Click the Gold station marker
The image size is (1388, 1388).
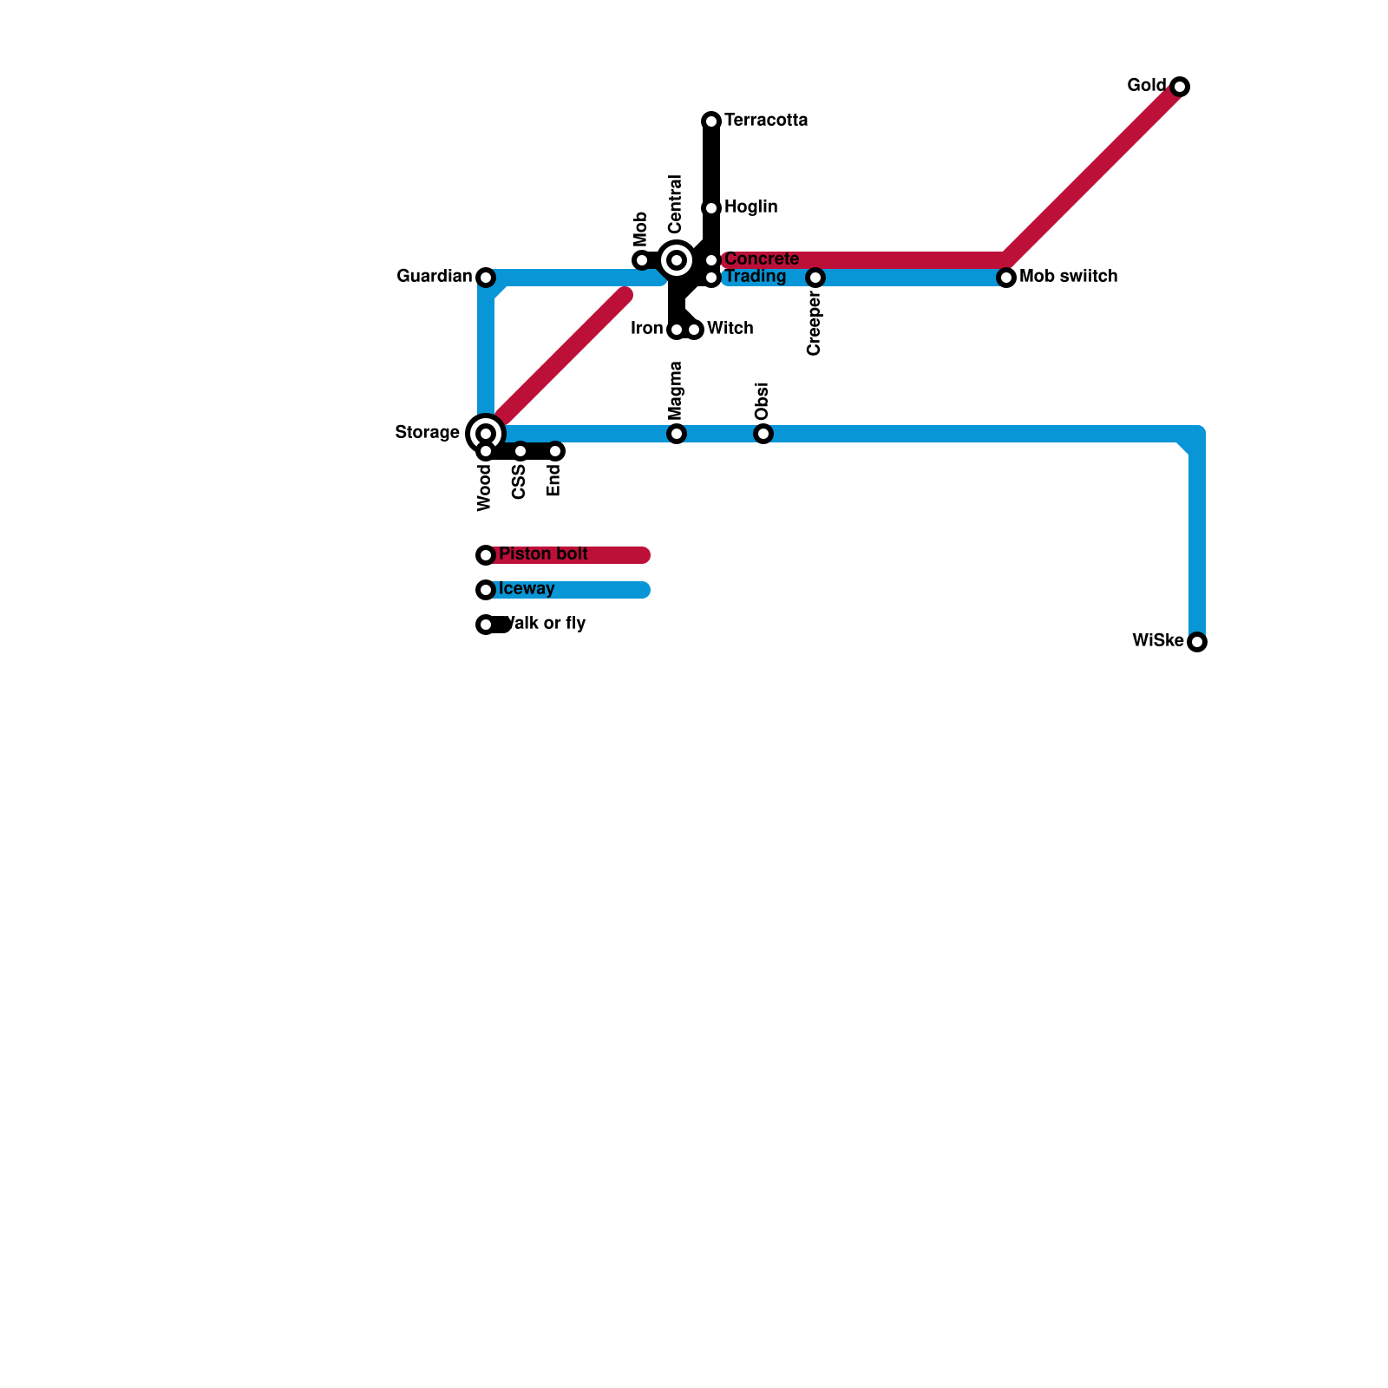coord(1180,87)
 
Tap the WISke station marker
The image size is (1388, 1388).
coord(1197,642)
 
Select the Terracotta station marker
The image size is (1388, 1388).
coord(711,121)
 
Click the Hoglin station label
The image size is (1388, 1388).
coord(750,207)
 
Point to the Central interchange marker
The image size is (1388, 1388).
coord(677,259)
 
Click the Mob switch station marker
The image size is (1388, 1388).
coord(1006,278)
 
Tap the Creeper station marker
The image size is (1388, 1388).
coord(815,278)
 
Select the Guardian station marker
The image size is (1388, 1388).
coord(486,278)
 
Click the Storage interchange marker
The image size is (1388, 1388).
coord(486,433)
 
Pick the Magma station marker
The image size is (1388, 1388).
coord(677,434)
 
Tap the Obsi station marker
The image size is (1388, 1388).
coord(763,434)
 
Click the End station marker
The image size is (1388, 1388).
coord(555,451)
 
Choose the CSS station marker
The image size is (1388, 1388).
coord(520,451)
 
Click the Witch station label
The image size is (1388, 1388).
coord(730,329)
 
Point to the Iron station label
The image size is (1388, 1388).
coord(646,329)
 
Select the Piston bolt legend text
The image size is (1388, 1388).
coord(543,554)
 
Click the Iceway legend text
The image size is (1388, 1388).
coord(527,589)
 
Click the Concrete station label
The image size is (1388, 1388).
coord(762,259)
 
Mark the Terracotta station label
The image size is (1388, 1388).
coord(766,121)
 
